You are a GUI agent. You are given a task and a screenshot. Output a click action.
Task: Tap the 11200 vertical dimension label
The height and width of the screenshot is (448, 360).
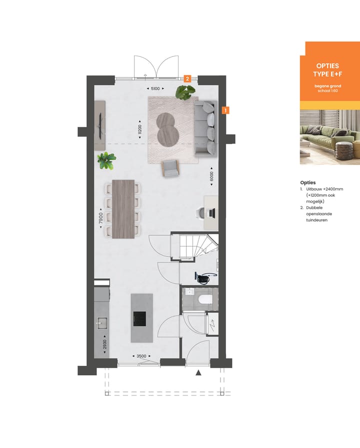point(140,130)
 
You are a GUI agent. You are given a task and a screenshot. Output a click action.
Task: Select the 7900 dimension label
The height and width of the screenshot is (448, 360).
point(100,218)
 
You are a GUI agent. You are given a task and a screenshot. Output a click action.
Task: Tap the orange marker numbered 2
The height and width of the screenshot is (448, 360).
point(187,79)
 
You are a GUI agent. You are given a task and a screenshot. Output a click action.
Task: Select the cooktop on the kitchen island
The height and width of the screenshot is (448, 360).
point(139,318)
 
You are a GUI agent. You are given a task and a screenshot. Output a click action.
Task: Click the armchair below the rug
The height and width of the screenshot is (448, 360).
point(170,168)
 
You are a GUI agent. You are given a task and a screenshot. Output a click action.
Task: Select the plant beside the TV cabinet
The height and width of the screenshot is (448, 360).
point(106,160)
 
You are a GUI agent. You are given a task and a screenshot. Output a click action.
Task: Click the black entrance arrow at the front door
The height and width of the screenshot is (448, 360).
point(198,372)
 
